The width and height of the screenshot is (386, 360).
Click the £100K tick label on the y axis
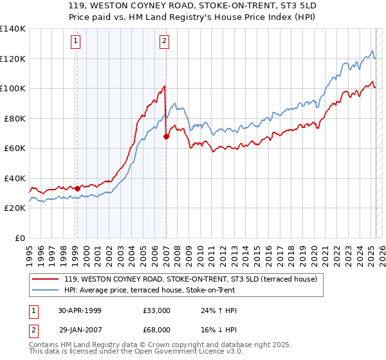pyautogui.click(x=12, y=88)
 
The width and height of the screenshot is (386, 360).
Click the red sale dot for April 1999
pyautogui.click(x=78, y=188)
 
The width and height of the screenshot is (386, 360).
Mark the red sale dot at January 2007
pyautogui.click(x=166, y=136)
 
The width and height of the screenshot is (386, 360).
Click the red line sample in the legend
pyautogui.click(x=45, y=280)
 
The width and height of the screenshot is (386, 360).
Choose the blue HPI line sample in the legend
pyautogui.click(x=45, y=290)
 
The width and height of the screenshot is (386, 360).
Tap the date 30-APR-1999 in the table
pyautogui.click(x=80, y=310)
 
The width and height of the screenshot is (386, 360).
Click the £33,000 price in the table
pyautogui.click(x=157, y=310)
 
